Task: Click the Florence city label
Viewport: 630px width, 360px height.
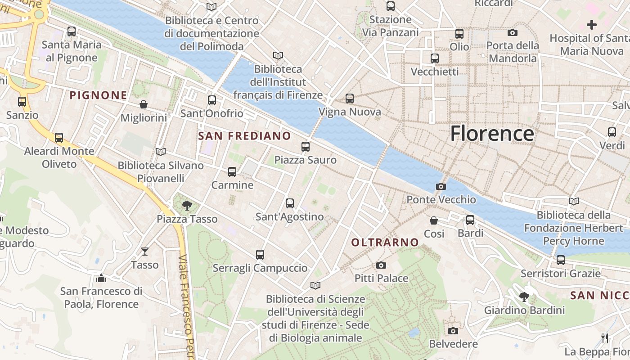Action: point(492,134)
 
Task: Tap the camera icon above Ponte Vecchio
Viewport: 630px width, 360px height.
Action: point(441,186)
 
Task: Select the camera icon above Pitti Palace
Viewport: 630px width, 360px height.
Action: point(381,265)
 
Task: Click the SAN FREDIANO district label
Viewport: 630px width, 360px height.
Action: point(244,135)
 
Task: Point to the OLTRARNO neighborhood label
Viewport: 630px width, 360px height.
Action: point(385,243)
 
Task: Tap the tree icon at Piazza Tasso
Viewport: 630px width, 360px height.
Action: point(187,206)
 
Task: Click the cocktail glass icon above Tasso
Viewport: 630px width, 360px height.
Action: point(145,252)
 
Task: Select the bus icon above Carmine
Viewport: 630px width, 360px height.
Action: point(232,172)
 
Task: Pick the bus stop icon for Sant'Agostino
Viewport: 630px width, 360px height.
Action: point(290,203)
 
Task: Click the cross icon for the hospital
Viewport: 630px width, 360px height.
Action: point(592,25)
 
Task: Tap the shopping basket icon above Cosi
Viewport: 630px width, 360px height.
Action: point(434,220)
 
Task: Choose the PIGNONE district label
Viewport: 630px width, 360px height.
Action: point(99,95)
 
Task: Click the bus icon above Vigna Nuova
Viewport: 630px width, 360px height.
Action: point(350,99)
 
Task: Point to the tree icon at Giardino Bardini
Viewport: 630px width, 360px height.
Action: point(524,297)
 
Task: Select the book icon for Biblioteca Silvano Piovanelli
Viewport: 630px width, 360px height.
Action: point(161,152)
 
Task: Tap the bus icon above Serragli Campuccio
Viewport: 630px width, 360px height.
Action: point(260,255)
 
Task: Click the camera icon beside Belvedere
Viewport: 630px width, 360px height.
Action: point(453,331)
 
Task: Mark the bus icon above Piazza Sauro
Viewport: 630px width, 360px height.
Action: point(306,147)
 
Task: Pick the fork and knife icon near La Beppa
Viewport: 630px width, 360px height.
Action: point(605,338)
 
